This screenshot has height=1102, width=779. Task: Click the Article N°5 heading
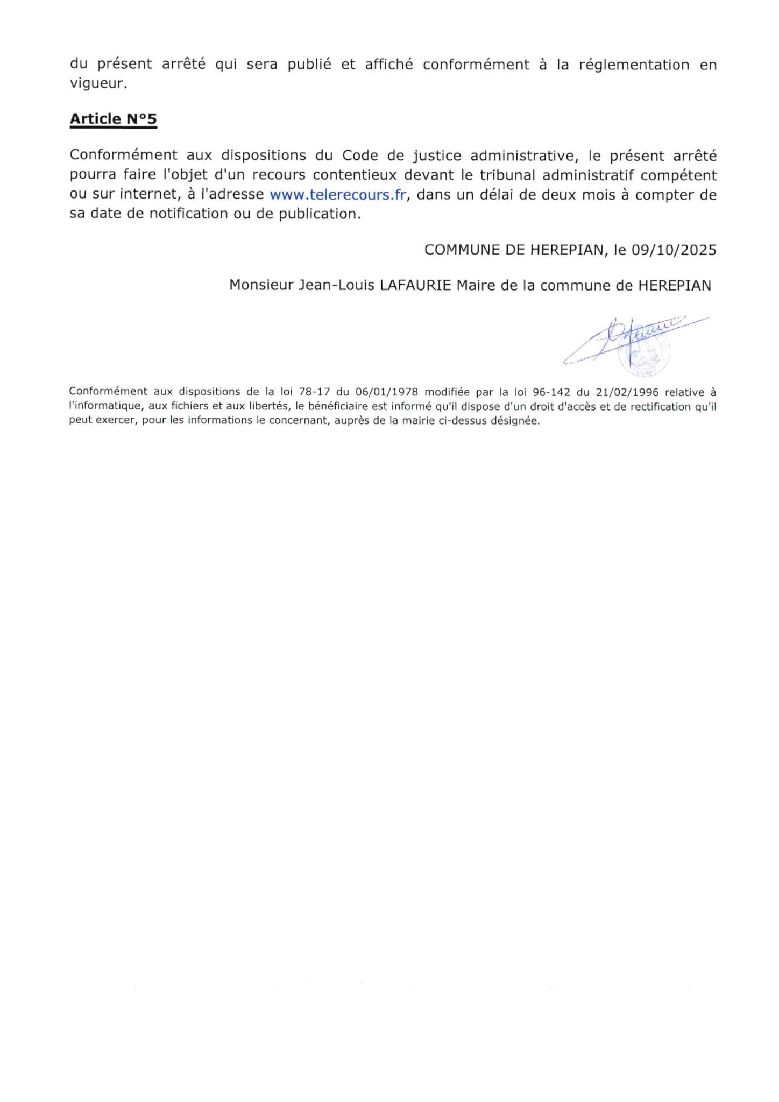pyautogui.click(x=113, y=119)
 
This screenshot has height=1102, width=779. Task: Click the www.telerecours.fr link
pyautogui.click(x=337, y=194)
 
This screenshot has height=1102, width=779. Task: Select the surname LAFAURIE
pyautogui.click(x=415, y=285)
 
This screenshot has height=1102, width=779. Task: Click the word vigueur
pyautogui.click(x=98, y=84)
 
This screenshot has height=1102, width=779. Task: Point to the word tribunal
pyautogui.click(x=508, y=175)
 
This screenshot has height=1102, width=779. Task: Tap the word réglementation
pyautogui.click(x=634, y=65)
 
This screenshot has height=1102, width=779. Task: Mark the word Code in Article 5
pyautogui.click(x=359, y=156)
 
